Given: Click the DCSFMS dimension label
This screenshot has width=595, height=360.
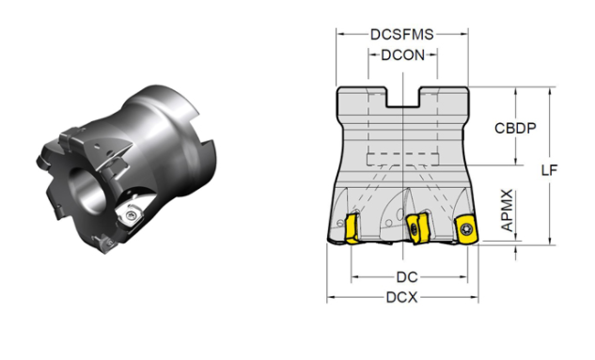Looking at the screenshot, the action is pyautogui.click(x=402, y=34).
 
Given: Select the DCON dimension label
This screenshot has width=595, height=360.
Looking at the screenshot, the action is pyautogui.click(x=402, y=55).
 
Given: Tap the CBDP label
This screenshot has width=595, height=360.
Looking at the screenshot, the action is pyautogui.click(x=515, y=128).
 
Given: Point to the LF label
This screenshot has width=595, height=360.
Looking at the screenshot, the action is pyautogui.click(x=549, y=170).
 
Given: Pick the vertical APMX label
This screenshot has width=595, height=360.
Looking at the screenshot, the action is pyautogui.click(x=508, y=211).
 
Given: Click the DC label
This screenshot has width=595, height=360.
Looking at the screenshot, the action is pyautogui.click(x=407, y=277).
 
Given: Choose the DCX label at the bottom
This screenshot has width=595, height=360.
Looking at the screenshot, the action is pyautogui.click(x=402, y=297).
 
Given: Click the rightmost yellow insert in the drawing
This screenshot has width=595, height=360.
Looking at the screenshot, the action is pyautogui.click(x=466, y=228).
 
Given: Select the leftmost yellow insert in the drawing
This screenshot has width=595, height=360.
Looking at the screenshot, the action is pyautogui.click(x=352, y=228).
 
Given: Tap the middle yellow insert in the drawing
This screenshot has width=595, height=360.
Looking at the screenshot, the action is pyautogui.click(x=417, y=228).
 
